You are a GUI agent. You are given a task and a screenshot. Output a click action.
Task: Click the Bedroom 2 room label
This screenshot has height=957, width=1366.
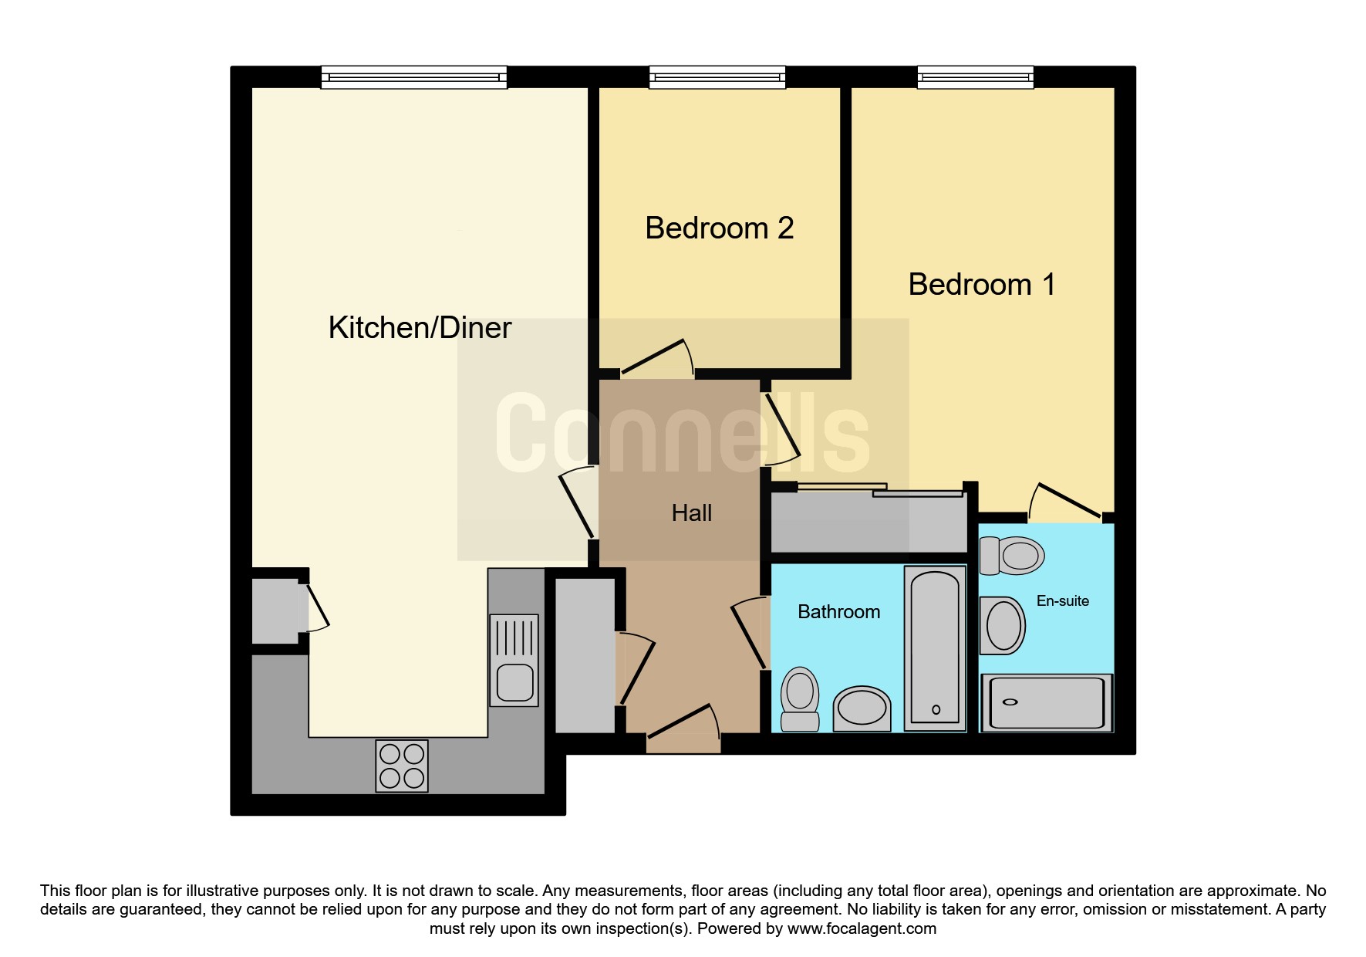click(719, 228)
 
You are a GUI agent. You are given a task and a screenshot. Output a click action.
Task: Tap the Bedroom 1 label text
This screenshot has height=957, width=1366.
click(981, 285)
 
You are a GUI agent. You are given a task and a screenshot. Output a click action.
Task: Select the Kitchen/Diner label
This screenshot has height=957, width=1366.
click(420, 328)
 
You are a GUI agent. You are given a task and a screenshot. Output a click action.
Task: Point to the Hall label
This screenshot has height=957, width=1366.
click(691, 513)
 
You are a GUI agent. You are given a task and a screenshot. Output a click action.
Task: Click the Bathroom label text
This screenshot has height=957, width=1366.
click(838, 612)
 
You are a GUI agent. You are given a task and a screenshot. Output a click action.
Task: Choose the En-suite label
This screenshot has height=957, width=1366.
click(1062, 601)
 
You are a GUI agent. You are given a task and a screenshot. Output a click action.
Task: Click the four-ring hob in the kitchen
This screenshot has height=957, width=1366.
click(402, 766)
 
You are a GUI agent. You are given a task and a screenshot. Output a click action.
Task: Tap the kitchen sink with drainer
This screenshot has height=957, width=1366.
click(514, 661)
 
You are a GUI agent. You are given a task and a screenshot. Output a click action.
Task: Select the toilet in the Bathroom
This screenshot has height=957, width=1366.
click(800, 699)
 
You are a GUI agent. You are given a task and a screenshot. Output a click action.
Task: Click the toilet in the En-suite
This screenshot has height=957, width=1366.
click(1011, 556)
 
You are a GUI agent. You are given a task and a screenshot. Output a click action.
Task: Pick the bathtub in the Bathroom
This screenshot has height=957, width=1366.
click(935, 648)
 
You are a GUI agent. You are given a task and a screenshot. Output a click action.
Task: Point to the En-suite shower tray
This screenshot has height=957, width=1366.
click(1047, 702)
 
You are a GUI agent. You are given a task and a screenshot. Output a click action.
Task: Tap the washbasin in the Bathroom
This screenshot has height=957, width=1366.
click(862, 708)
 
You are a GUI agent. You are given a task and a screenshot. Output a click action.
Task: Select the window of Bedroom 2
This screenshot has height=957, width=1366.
click(717, 77)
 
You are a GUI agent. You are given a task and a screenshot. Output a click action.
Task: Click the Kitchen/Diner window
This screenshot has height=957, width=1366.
click(414, 77)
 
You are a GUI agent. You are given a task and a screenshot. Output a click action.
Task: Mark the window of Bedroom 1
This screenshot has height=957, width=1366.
click(975, 77)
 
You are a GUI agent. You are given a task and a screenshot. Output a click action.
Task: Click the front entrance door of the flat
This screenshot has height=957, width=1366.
click(683, 729)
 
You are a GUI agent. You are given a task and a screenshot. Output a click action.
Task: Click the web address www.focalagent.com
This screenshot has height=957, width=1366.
click(862, 928)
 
